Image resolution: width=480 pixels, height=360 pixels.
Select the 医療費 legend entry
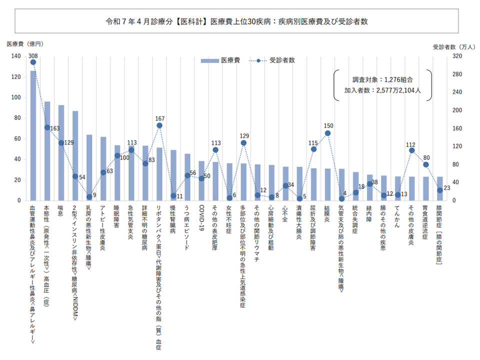click(220, 60)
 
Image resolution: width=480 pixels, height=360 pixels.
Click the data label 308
click(33, 55)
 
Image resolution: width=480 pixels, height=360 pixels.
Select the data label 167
click(159, 118)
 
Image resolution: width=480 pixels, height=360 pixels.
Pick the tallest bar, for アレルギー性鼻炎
click(33, 135)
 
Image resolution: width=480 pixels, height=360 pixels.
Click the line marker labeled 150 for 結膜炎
click(327, 133)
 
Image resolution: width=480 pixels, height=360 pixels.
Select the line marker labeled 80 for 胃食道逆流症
click(426, 164)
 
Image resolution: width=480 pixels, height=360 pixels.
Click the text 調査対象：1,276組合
click(383, 79)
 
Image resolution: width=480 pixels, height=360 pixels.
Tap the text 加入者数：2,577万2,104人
click(383, 90)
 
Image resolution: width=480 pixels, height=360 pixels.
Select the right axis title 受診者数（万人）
click(453, 46)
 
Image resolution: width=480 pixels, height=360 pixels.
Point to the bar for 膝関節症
click(440, 188)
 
